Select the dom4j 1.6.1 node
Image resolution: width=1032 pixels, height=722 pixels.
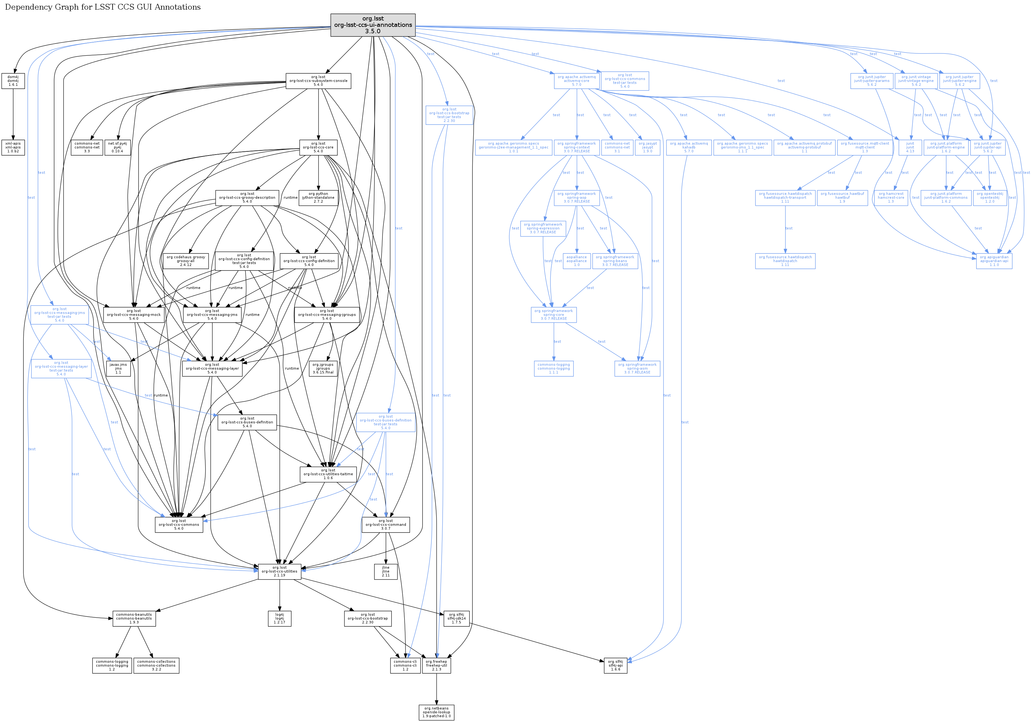[13, 81]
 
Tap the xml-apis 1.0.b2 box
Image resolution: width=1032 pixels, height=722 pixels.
[13, 148]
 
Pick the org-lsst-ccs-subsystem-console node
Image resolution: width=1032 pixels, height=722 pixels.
[318, 81]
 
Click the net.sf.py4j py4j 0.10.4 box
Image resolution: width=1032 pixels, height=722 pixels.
[117, 148]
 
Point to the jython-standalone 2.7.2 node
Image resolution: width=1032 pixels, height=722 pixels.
[318, 198]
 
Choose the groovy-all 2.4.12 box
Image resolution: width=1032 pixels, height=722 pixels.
[185, 261]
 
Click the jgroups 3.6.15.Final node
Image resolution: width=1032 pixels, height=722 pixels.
[323, 368]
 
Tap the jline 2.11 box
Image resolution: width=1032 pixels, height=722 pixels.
[386, 571]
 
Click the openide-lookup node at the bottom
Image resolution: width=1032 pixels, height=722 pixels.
[437, 712]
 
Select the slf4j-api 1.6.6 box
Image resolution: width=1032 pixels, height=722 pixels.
[615, 665]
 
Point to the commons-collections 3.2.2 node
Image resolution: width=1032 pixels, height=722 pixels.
[156, 665]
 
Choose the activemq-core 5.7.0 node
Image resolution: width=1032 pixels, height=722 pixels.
[577, 81]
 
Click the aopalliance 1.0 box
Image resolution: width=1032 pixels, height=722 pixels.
[577, 261]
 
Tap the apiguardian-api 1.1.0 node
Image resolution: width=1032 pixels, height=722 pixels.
[994, 261]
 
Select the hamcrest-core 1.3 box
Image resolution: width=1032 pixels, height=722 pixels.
[891, 198]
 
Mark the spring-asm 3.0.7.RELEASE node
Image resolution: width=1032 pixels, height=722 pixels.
[637, 368]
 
